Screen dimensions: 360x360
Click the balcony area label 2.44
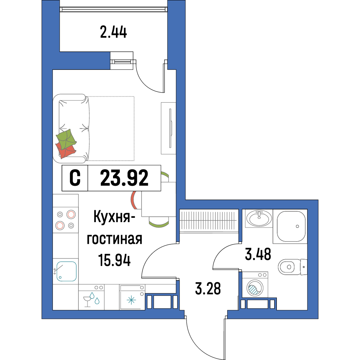tap(113, 32)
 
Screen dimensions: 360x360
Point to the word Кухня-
tap(114, 217)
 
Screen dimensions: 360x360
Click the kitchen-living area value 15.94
tap(114, 260)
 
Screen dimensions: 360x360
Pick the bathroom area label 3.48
tap(258, 255)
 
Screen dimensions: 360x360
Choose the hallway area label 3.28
tap(208, 289)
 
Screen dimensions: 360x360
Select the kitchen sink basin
tap(66, 271)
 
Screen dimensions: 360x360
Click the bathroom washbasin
tap(259, 218)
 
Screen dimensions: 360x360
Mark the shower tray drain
tap(297, 226)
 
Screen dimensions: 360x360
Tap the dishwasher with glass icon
tap(91, 297)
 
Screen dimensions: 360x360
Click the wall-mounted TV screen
tap(171, 128)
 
